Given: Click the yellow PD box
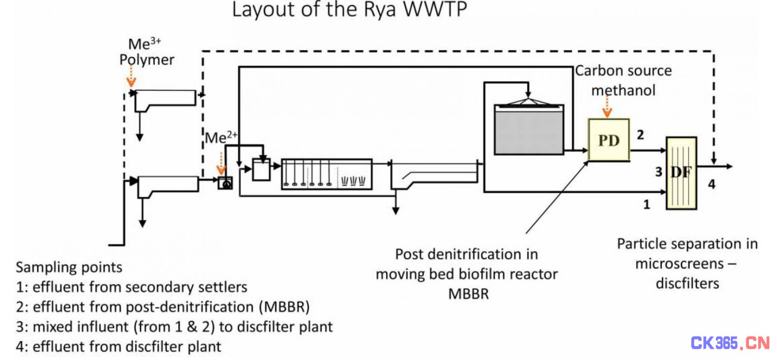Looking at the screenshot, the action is click(609, 140).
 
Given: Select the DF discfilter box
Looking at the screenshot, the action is click(682, 173).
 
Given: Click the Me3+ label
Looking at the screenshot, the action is click(145, 44).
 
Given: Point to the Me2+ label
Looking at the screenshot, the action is click(221, 137).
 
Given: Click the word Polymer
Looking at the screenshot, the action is click(147, 60).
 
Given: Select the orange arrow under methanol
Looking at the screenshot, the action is click(607, 106).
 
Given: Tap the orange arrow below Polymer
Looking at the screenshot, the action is click(131, 76).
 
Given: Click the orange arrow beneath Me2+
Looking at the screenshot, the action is click(221, 163).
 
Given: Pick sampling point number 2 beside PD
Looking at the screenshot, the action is click(641, 135).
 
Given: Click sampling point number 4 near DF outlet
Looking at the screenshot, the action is click(712, 184).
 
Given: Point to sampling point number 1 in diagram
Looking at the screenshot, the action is click(646, 205).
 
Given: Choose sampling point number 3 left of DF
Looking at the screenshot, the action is click(659, 172).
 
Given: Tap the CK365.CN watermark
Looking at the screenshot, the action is click(730, 343).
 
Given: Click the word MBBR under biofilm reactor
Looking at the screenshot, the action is click(468, 294).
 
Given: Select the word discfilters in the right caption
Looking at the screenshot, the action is click(688, 284).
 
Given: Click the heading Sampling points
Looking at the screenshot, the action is click(69, 267).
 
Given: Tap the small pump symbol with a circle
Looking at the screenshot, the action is click(225, 183).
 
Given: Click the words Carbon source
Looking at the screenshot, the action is click(624, 71).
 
